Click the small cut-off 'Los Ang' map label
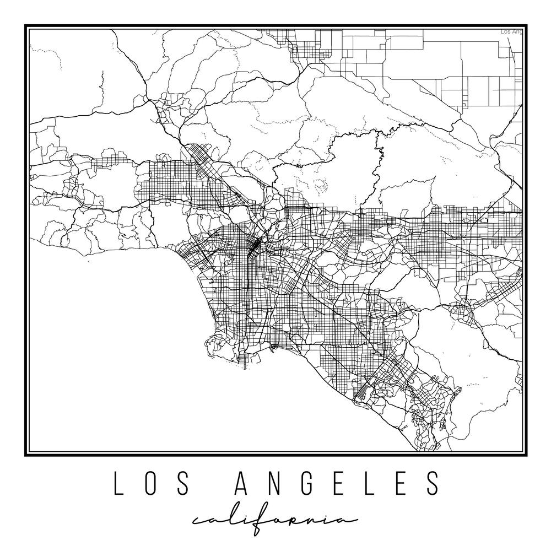click(x=511, y=32)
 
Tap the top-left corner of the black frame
click(x=25, y=25)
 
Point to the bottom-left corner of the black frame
click(x=25, y=456)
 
